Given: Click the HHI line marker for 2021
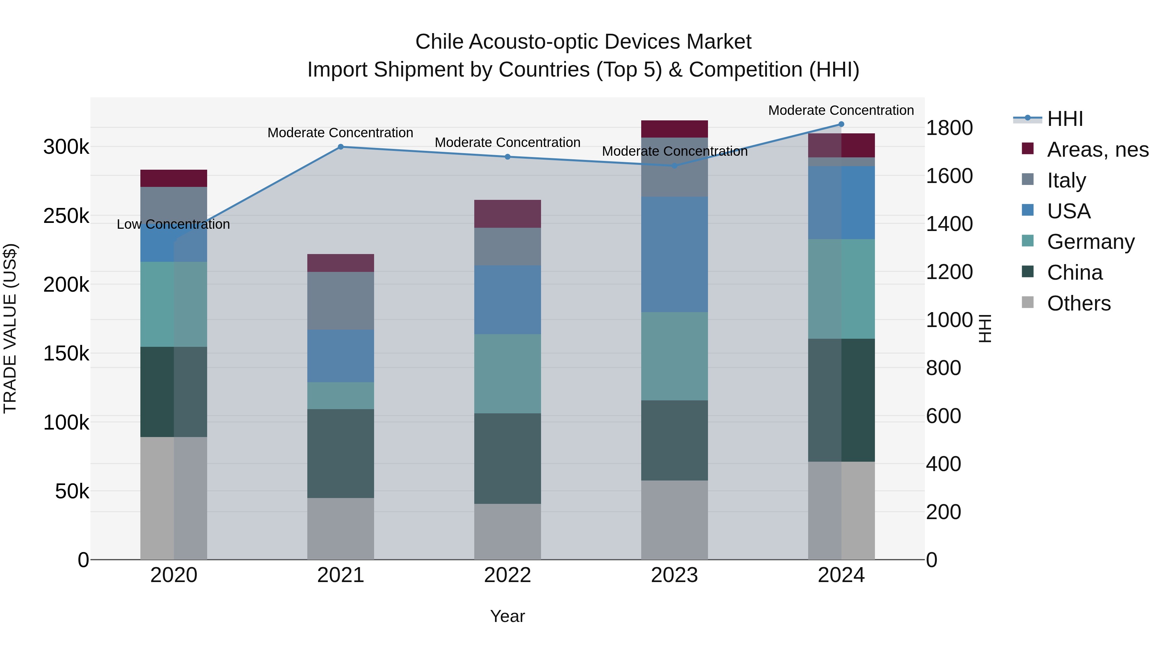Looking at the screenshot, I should (x=341, y=146).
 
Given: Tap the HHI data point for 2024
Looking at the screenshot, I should (x=841, y=124).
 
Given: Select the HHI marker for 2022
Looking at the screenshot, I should (x=507, y=157).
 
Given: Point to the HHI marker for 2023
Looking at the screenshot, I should (x=674, y=166).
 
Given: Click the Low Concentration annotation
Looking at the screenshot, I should (x=173, y=225).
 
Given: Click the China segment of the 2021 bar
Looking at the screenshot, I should (x=341, y=454).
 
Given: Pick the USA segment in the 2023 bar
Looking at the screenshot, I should (x=674, y=254).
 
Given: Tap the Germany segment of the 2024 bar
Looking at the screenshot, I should (x=841, y=289).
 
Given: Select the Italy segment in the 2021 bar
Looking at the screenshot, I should (x=341, y=301).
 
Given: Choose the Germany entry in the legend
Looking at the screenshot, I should (x=1090, y=242).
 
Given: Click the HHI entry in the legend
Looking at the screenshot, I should (x=1065, y=119).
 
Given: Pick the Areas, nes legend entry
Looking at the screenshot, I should (x=1097, y=150).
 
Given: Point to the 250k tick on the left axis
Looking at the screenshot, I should (x=66, y=216).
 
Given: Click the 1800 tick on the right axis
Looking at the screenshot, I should (x=949, y=128).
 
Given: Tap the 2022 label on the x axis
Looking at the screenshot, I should (x=507, y=575).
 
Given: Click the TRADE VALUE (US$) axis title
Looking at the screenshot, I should (x=10, y=328).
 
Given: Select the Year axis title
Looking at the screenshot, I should (x=507, y=616).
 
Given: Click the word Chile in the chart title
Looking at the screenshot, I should (x=439, y=42).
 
